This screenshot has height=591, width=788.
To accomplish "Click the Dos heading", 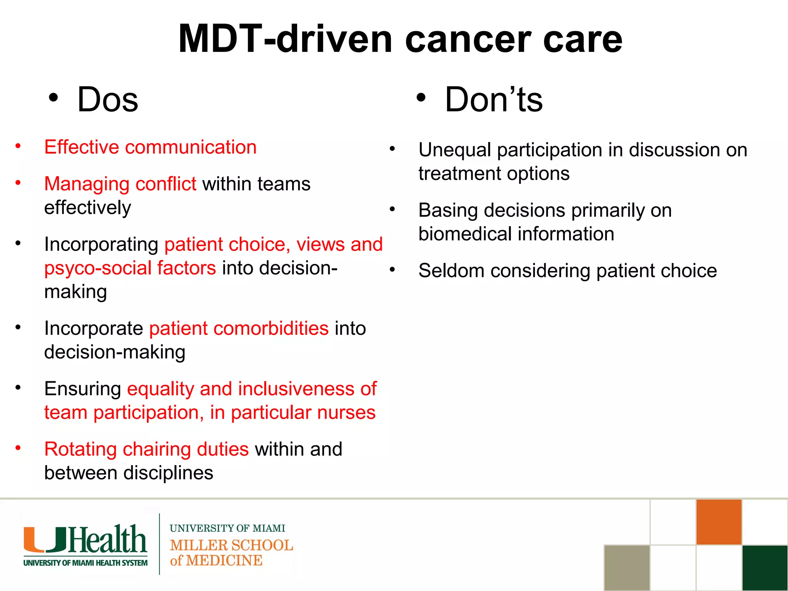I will point(107,100).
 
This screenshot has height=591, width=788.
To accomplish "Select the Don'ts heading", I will point(493,100).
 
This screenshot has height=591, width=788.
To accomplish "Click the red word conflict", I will point(166,184).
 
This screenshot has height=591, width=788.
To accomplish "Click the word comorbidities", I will point(239,329).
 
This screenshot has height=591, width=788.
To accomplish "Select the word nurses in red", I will point(346,412).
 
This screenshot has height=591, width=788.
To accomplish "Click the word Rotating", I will point(80,449).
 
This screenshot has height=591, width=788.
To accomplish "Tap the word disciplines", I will point(168,473).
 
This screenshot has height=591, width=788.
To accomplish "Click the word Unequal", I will point(454,150).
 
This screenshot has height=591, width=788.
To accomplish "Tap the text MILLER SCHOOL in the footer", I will point(231,545).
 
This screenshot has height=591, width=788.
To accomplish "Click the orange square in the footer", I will point(718,522).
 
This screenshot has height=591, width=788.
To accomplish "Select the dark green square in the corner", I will point(765,568).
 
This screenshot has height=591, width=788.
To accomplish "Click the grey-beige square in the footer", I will point(627,568).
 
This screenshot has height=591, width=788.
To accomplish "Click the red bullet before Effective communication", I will point(18,146).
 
